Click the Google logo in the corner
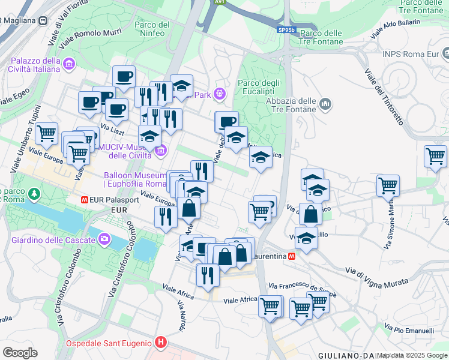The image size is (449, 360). click(20, 353)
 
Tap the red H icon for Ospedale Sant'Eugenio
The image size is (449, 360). click(160, 343)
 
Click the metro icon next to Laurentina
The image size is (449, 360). click(292, 256)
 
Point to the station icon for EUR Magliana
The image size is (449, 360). click(43, 20)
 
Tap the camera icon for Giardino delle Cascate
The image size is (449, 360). click(105, 240)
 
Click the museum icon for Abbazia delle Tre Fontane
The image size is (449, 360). click(326, 105)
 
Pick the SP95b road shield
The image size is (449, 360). click(286, 28)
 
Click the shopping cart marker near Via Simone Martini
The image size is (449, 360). click(388, 184)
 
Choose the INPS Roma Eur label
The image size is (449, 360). click(411, 54)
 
